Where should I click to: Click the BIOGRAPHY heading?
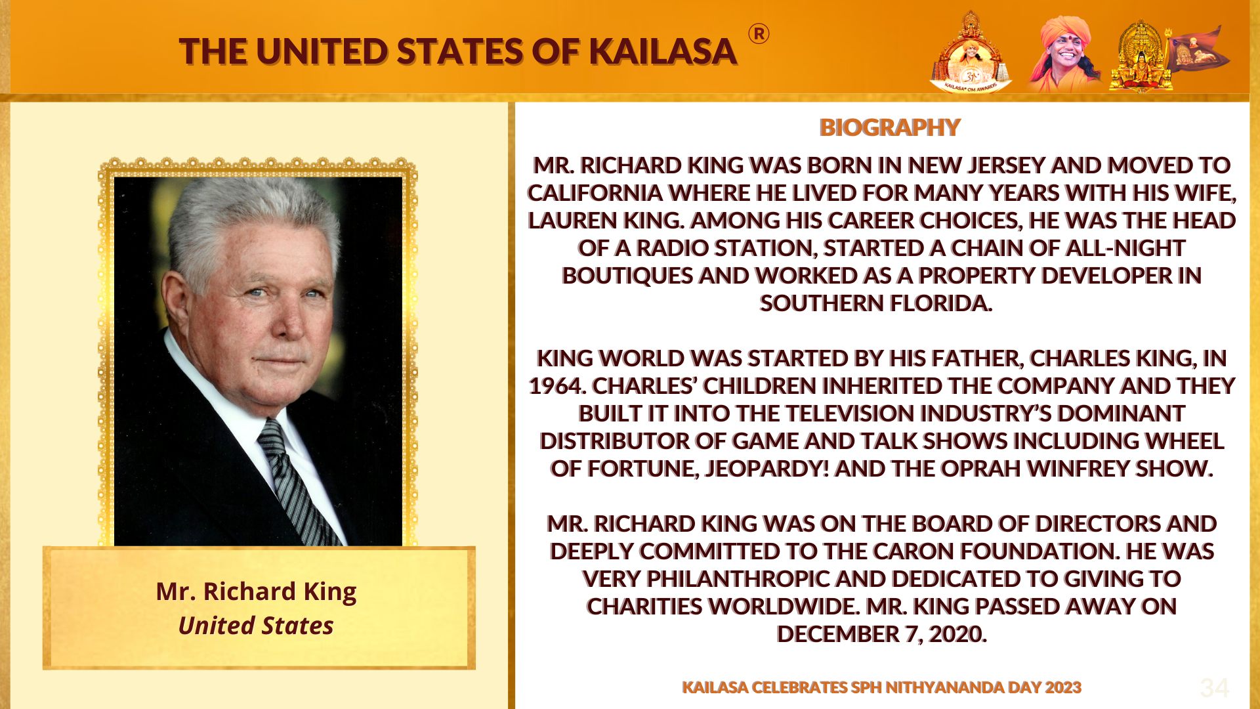coord(890,127)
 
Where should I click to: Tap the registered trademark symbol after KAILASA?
coord(759,33)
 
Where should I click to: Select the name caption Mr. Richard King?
coord(256,591)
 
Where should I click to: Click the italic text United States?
coord(256,626)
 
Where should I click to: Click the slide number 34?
coord(1214,688)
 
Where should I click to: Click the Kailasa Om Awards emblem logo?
coord(971,53)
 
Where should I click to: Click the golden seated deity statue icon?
coord(1141,56)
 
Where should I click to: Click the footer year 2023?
coord(1063,687)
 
